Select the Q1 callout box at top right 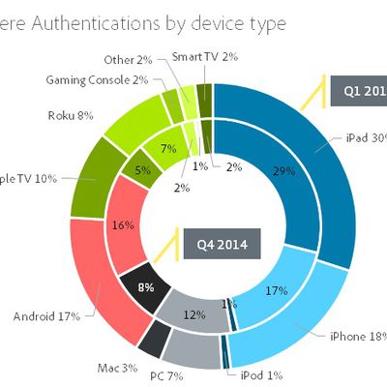tap(359, 93)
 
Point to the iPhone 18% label tap(357, 336)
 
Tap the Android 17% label tap(46, 314)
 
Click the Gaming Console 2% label tap(97, 79)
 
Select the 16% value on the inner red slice tap(124, 225)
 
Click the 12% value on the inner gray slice tap(193, 314)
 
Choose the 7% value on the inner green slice tap(167, 150)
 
